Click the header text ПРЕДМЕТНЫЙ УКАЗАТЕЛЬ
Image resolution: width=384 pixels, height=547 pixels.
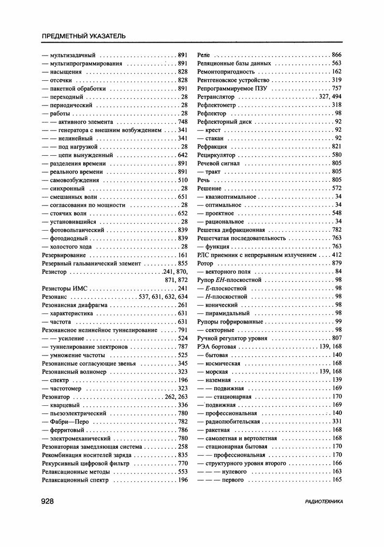click(84, 36)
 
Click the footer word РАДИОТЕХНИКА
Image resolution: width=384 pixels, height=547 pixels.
click(324, 502)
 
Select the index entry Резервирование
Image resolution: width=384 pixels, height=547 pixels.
click(64, 255)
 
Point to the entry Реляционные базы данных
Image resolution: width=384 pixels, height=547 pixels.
click(234, 63)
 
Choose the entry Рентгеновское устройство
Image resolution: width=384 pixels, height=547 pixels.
click(233, 80)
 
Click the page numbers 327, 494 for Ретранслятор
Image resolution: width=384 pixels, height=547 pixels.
click(330, 97)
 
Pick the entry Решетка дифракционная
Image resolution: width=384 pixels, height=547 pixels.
click(231, 230)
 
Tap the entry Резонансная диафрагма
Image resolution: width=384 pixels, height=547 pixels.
click(74, 305)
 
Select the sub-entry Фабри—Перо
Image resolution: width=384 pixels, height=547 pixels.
click(70, 422)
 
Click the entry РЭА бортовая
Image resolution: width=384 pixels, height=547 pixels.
click(217, 346)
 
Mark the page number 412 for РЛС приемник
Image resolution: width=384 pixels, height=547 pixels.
click(337, 255)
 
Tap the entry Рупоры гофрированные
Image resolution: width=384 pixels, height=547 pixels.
click(230, 322)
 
